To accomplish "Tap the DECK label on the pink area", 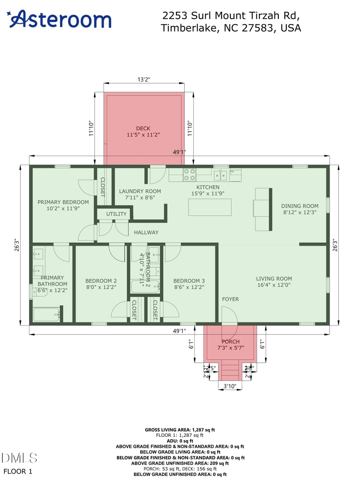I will pos(143,128).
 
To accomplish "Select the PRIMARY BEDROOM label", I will pos(63,202).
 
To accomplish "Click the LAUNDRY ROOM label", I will pos(140,191).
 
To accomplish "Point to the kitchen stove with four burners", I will pos(189,175).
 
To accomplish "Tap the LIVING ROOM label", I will pos(274,279).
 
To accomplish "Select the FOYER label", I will pos(231,299).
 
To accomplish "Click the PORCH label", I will pos(231,342).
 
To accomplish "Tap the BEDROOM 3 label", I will pos(189,281).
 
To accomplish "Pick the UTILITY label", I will pos(116,214).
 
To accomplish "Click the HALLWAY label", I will pos(146,232).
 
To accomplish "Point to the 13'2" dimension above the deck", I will pos(144,79).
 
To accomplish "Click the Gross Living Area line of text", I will pos(180,430).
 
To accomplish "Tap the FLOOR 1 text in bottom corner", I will pos(18,471).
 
